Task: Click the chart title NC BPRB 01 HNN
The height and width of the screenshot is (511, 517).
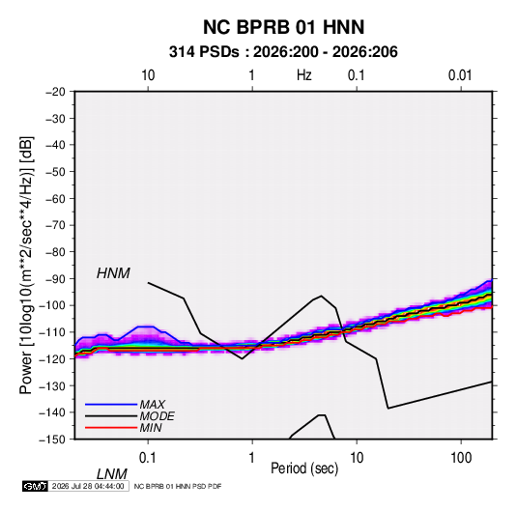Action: pos(283,27)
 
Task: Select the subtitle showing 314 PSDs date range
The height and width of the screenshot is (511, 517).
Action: pos(283,52)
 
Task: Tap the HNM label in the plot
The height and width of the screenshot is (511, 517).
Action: pos(113,273)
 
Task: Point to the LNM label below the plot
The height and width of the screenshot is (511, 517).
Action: pos(111,474)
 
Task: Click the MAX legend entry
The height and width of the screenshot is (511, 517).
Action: pos(152,404)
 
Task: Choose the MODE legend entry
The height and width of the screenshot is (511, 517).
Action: pos(157,416)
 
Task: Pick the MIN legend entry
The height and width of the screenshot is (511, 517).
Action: pos(151,428)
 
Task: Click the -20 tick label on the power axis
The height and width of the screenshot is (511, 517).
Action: pos(55,92)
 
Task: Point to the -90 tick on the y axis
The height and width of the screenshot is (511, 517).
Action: pos(55,279)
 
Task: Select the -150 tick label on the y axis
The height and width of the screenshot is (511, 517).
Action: pos(52,440)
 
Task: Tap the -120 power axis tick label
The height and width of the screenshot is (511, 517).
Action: pos(52,359)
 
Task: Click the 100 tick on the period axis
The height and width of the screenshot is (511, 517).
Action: pos(461,458)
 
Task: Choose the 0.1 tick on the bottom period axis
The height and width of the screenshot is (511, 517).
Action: pos(148,458)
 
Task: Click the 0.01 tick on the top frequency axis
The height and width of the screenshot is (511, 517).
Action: pos(460,75)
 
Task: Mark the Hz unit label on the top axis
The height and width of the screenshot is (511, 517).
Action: pos(304,75)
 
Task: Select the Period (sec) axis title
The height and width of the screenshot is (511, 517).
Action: pos(304,468)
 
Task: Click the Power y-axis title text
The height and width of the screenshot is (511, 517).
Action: pos(26,266)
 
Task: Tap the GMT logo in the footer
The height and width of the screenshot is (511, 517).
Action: pos(35,486)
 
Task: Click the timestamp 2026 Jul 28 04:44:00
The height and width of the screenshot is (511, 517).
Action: pos(88,486)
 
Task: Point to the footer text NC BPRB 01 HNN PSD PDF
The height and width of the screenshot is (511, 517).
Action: pos(178,486)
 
